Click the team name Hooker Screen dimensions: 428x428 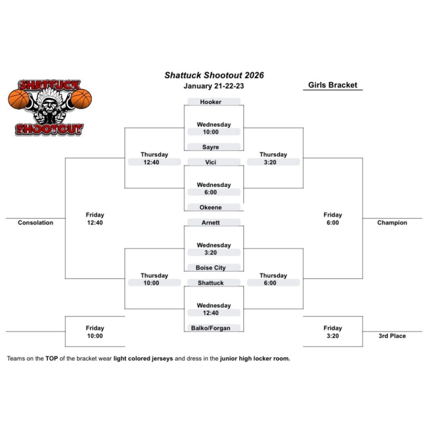(211, 102)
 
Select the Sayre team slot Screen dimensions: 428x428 (211, 147)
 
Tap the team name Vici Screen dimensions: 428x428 (211, 162)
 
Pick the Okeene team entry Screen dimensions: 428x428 (211, 207)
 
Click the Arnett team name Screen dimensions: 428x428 (211, 223)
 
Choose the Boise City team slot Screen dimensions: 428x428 (211, 268)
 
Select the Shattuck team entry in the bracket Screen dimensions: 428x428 (211, 283)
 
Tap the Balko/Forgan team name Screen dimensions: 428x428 (211, 328)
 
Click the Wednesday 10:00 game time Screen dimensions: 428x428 (214, 128)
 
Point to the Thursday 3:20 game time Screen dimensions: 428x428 (273, 158)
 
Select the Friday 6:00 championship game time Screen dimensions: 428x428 (333, 219)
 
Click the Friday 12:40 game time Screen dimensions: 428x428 (95, 219)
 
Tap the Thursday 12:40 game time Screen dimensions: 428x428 (154, 158)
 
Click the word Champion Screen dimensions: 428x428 (392, 223)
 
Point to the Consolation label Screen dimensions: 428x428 (36, 223)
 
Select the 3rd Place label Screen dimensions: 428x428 (392, 336)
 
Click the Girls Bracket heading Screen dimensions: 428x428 (333, 85)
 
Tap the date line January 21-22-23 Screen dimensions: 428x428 (214, 86)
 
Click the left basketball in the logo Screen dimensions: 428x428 (19, 99)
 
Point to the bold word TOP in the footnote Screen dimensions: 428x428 (51, 359)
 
